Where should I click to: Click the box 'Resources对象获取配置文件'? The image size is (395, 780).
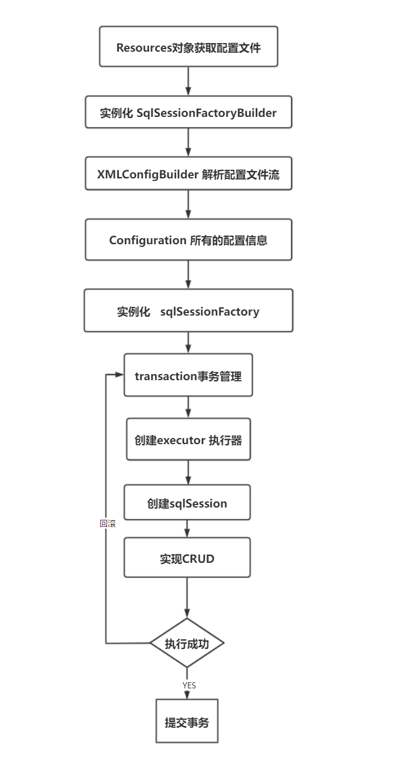188,47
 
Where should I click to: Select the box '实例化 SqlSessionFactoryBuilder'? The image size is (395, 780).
188,113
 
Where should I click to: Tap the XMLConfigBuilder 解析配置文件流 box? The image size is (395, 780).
188,174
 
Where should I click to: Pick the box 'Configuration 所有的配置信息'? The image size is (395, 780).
188,240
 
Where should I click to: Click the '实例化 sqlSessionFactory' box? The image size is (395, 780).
188,311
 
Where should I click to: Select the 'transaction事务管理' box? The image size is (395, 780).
188,375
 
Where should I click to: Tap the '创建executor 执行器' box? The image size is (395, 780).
188,440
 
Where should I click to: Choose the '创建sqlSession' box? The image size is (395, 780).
187,503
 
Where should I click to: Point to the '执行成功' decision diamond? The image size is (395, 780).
187,643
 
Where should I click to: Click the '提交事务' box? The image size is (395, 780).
187,722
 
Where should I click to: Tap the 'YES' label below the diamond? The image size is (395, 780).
189,685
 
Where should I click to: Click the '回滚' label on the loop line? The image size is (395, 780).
108,523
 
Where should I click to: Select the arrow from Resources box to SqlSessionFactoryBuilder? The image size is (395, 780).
188,81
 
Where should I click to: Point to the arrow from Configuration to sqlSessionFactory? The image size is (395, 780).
188,275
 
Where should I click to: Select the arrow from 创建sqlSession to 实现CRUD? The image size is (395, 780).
187,529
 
